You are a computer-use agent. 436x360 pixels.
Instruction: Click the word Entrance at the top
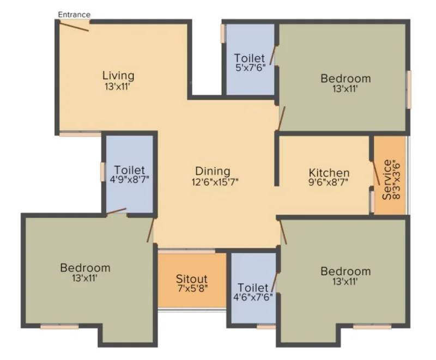[74, 15]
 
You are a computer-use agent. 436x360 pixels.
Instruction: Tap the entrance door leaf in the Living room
[74, 26]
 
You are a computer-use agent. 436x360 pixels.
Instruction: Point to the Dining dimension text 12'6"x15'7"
[215, 182]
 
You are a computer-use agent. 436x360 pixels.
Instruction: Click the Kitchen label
[329, 173]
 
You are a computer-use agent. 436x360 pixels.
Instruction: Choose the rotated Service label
[387, 179]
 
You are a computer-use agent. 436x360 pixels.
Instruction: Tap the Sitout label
[192, 279]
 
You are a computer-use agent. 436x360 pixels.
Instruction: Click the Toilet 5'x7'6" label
[250, 63]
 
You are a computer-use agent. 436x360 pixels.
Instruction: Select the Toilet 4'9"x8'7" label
[130, 174]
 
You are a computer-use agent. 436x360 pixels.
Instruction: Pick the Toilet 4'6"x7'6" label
[253, 292]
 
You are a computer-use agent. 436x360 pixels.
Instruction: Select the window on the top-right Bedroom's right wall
[409, 90]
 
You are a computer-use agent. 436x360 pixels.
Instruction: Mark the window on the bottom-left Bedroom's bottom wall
[59, 327]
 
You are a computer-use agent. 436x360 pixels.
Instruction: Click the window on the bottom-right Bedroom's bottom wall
[372, 327]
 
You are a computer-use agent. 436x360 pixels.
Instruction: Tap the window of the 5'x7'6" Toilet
[222, 34]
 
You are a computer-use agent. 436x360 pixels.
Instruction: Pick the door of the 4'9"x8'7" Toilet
[116, 211]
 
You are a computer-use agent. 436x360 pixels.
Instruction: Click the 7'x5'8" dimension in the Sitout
[193, 288]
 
